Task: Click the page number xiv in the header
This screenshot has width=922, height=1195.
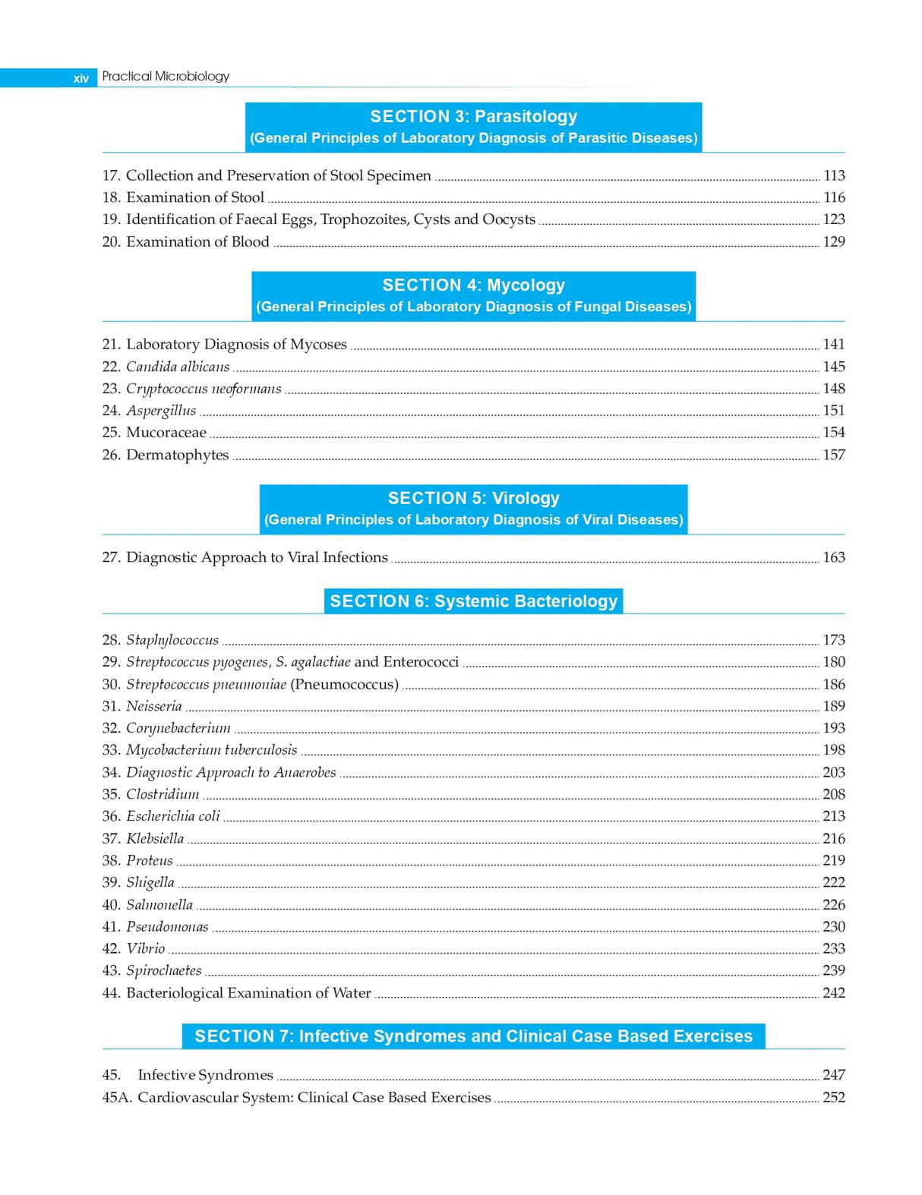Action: [x=81, y=78]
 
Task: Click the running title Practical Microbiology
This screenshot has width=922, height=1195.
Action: [x=166, y=76]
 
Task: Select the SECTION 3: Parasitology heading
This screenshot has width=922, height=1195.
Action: [x=473, y=117]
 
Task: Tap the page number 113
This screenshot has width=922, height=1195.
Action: [x=834, y=175]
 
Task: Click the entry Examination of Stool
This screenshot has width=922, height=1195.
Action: [x=195, y=197]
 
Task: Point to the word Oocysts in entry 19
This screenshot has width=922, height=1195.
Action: [x=509, y=219]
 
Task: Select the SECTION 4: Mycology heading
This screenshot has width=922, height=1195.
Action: [x=473, y=285]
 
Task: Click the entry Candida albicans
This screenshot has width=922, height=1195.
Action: [x=178, y=367]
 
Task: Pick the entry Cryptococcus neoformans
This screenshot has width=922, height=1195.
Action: [x=204, y=389]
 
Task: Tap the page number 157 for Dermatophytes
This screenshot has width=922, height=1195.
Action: [x=834, y=455]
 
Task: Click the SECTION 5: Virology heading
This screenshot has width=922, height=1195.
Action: [x=473, y=499]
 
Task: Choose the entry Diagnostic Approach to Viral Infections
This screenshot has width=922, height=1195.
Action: [x=257, y=557]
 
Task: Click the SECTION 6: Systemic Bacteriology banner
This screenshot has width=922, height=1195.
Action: [x=473, y=601]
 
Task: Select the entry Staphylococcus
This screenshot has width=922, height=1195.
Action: [x=172, y=640]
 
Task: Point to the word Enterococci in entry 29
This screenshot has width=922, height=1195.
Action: [x=421, y=662]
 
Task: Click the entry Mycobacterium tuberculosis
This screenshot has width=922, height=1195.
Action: [x=212, y=750]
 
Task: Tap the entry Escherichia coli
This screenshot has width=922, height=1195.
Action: [x=173, y=816]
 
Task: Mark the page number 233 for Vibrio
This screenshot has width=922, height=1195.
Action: [x=834, y=948]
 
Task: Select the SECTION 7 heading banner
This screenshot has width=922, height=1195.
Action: [x=473, y=1036]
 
